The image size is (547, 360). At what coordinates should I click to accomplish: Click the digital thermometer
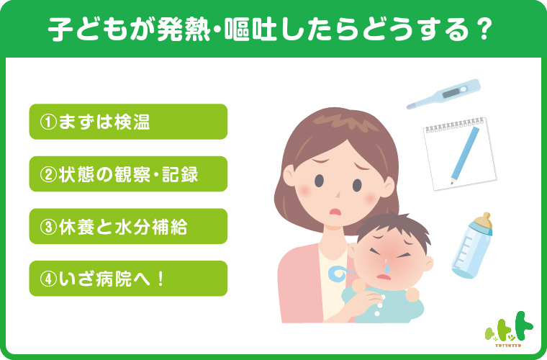point(444,94)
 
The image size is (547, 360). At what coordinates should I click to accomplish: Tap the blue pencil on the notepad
point(465,156)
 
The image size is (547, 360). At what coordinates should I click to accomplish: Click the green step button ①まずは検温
point(128,122)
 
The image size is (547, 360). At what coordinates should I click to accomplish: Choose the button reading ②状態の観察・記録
point(128,174)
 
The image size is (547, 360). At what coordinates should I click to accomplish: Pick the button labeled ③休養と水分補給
point(128,226)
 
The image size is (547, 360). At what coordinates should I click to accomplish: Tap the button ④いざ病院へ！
point(128,279)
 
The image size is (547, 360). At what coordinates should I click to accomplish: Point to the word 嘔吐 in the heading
point(250,30)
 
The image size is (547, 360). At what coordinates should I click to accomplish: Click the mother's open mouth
point(335,212)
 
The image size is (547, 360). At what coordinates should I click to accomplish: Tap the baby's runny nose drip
point(387,266)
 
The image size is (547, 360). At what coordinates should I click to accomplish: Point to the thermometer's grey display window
point(451,93)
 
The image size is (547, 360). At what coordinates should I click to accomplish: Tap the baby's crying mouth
point(384,277)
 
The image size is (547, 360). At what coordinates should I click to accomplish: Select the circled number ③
point(48,227)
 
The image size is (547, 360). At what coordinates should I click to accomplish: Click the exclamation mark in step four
point(161,279)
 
